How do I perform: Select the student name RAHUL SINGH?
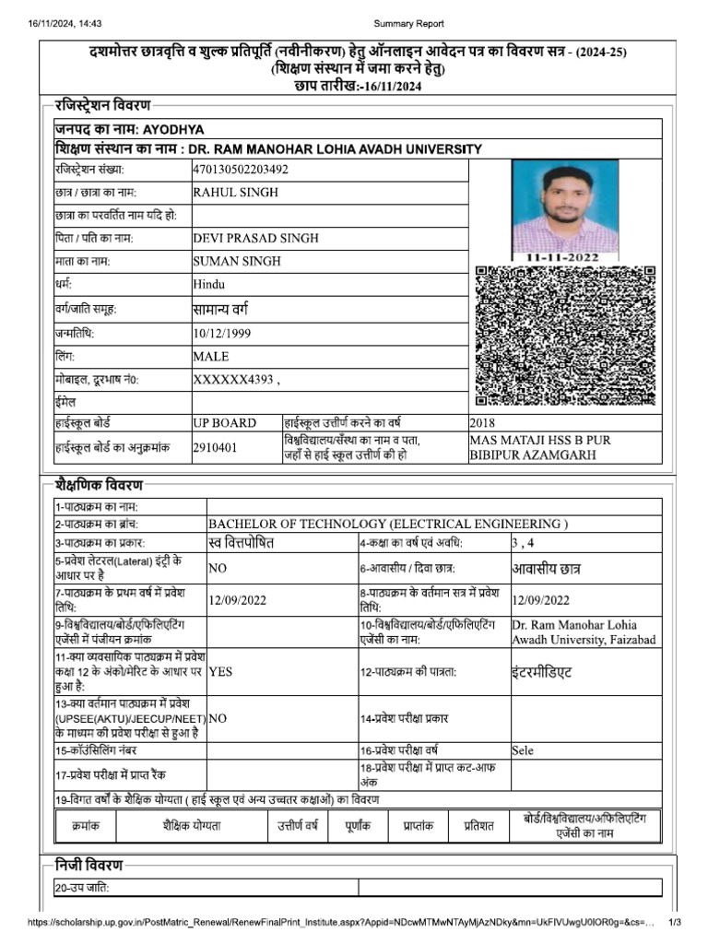235,193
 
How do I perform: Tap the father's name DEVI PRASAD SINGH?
255,238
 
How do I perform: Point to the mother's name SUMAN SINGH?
237,261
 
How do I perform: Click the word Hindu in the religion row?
209,285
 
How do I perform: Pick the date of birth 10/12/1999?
221,333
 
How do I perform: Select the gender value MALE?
211,356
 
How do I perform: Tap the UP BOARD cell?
225,423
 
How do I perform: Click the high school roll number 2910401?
215,447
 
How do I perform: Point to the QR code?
565,336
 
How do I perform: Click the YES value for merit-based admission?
221,672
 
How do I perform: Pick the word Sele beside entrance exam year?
523,750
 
